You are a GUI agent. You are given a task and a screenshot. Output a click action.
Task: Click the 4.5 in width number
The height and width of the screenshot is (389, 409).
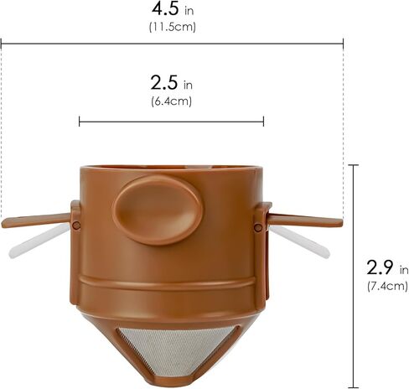(x=165, y=8)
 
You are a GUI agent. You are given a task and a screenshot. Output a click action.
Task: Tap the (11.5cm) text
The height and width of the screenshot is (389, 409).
(x=173, y=27)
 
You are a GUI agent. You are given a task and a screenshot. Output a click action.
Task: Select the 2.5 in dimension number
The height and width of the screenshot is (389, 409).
(x=164, y=83)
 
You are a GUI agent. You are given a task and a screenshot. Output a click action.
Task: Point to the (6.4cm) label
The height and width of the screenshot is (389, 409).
(x=172, y=101)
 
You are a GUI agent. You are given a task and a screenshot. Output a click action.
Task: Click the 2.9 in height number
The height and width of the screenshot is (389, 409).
(x=380, y=267)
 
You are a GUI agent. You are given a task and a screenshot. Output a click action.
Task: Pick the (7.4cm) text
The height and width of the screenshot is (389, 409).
(x=387, y=286)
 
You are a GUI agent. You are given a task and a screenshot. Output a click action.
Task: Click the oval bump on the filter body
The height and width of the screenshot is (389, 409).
(x=158, y=210)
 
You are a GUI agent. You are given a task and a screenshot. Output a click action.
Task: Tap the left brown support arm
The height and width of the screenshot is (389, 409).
(x=36, y=220)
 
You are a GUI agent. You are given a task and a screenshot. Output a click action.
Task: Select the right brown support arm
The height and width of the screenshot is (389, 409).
(x=305, y=220)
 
